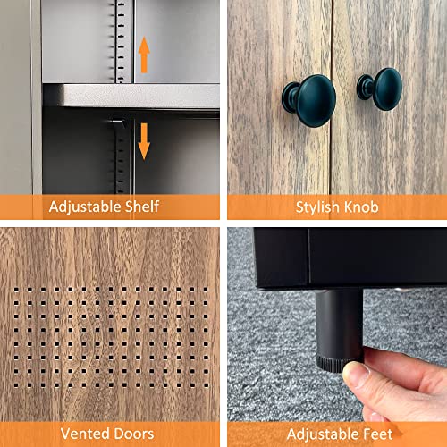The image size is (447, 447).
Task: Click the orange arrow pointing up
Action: pyautogui.click(x=144, y=55)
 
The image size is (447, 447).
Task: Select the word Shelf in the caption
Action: pyautogui.click(x=142, y=207)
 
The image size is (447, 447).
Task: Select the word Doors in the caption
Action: pyautogui.click(x=136, y=434)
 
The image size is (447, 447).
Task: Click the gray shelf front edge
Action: pyautogui.click(x=134, y=96)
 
